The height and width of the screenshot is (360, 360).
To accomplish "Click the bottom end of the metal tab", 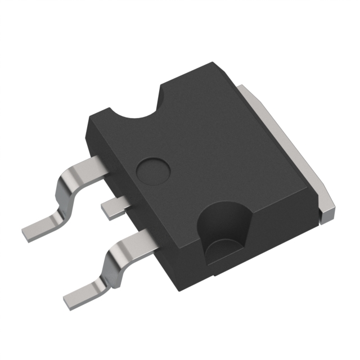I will tap(327, 212).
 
